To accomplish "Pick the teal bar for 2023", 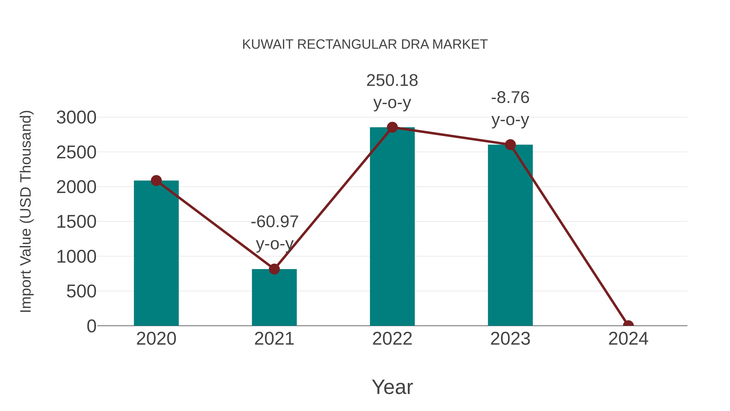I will click(510, 235).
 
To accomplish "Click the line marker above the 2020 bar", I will click(156, 180).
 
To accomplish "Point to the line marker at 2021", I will click(274, 269).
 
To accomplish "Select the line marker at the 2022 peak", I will click(392, 127).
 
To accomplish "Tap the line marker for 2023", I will click(510, 145).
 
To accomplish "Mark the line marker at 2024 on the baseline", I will click(628, 325).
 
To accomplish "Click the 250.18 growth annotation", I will click(392, 91).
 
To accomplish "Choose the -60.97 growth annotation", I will click(274, 233).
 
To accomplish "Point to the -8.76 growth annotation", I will click(510, 108).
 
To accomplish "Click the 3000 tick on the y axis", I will click(76, 118).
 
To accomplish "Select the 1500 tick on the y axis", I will click(76, 222).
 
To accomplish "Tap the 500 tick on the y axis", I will click(81, 291).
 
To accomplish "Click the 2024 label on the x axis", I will click(628, 339).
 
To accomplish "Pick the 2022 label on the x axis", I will click(392, 339).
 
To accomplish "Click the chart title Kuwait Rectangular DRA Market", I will click(365, 44).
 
